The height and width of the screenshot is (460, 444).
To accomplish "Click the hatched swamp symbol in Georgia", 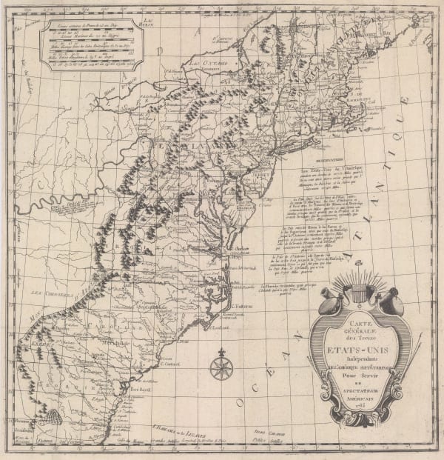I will point(51,418).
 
